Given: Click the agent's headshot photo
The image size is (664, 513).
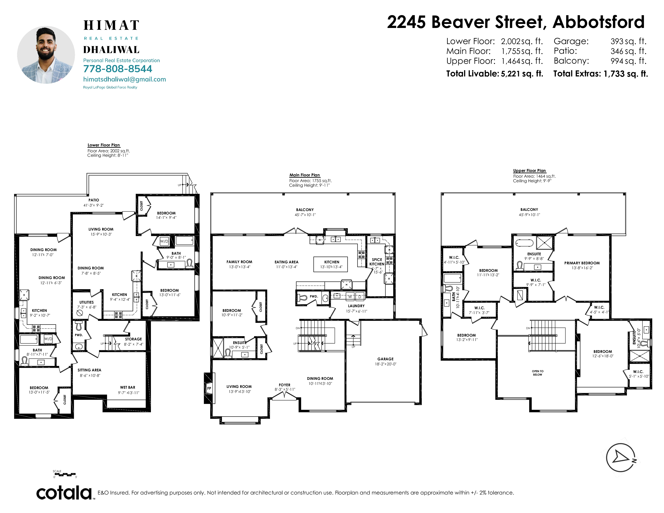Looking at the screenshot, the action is pos(46,55).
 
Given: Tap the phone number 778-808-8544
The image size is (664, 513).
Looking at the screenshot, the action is pos(118,69).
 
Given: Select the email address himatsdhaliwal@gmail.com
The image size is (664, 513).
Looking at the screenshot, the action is pos(125,79).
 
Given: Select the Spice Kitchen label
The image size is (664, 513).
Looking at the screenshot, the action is pos(377,262).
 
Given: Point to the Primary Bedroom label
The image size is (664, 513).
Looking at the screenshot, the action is pos(582,263).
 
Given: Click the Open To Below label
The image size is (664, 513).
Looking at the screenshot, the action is pos(537,373).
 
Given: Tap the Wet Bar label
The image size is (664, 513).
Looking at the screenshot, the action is pos(128,387).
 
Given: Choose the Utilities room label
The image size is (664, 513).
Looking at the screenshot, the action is pos(87,302).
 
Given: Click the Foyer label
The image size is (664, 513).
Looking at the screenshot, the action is pos(285,385).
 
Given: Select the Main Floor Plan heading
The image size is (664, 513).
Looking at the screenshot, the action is pos(305,175).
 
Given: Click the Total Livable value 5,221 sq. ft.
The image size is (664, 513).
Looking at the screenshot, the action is pos(522,74).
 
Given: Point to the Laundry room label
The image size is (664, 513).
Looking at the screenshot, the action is pos(356,306).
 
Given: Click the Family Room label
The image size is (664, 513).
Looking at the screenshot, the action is pos(239,262).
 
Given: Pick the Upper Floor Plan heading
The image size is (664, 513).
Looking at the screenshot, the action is pos(529,171).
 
